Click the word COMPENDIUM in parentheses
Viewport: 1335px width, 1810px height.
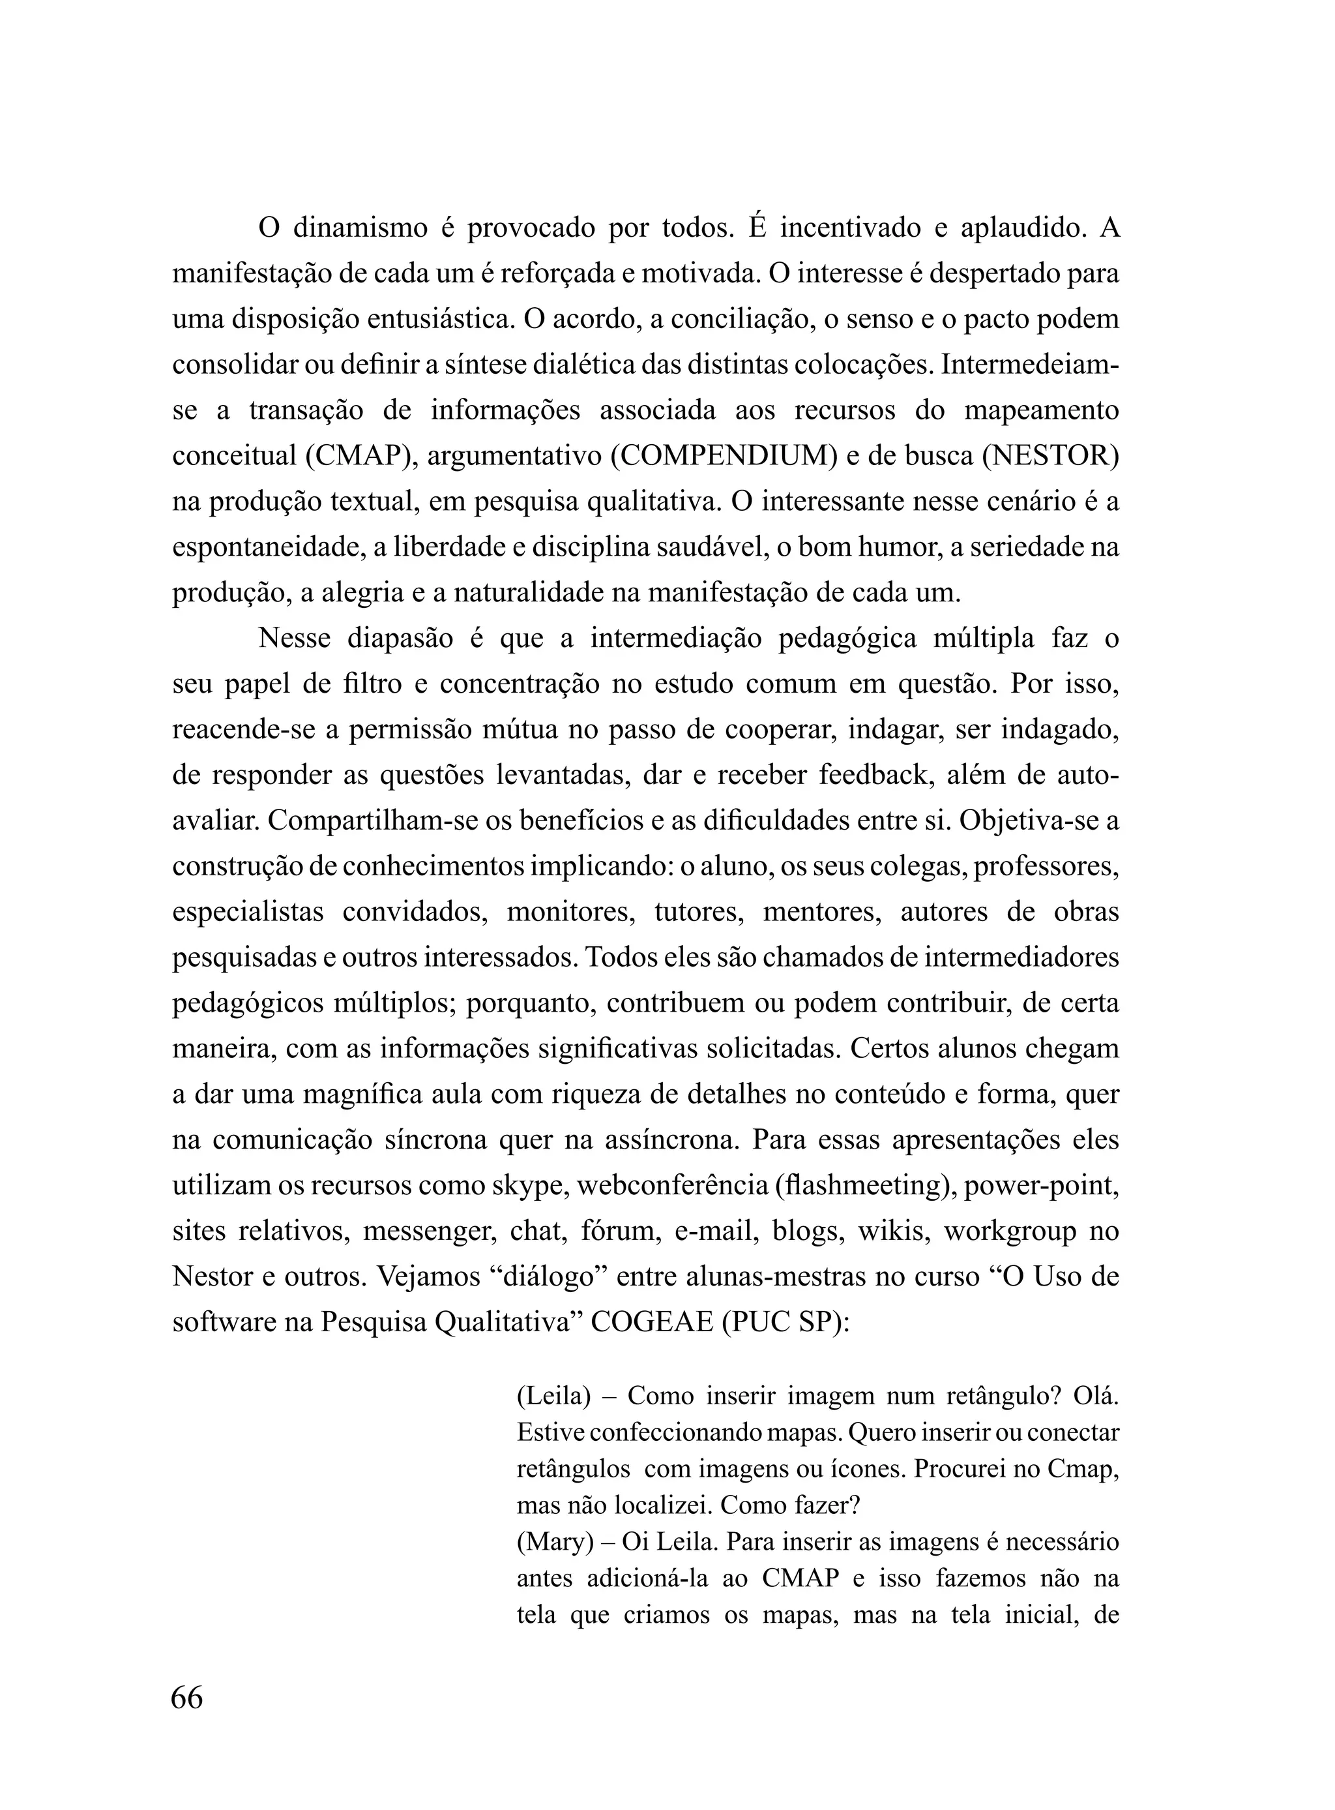pyautogui.click(x=724, y=456)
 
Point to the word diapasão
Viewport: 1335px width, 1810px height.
pyautogui.click(x=400, y=638)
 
